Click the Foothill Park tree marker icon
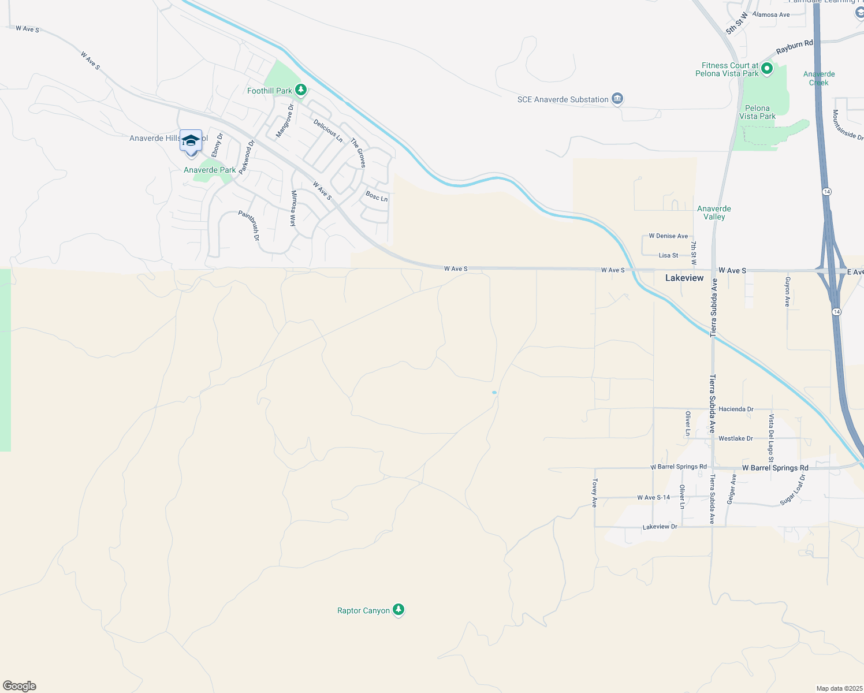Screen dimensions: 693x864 pyautogui.click(x=300, y=90)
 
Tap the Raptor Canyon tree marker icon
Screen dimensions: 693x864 pyautogui.click(x=398, y=610)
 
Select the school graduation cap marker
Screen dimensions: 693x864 pyautogui.click(x=191, y=141)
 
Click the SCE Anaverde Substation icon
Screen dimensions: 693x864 pyautogui.click(x=617, y=99)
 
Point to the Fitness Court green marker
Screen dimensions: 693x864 pyautogui.click(x=767, y=69)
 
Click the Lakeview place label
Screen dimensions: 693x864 pyautogui.click(x=684, y=278)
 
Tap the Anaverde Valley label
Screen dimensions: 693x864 pyautogui.click(x=714, y=213)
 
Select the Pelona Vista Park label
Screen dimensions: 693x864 pyautogui.click(x=757, y=112)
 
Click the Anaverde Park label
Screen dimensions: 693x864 pyautogui.click(x=210, y=170)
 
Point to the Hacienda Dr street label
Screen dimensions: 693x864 pyautogui.click(x=736, y=409)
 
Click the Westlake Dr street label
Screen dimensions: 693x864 pyautogui.click(x=735, y=438)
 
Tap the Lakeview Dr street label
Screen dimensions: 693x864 pyautogui.click(x=660, y=527)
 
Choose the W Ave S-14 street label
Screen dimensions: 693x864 pyautogui.click(x=653, y=497)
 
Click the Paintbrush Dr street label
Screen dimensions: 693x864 pyautogui.click(x=249, y=225)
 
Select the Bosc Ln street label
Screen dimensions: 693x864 pyautogui.click(x=377, y=196)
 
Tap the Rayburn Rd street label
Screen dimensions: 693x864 pyautogui.click(x=794, y=47)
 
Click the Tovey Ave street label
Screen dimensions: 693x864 pyautogui.click(x=594, y=493)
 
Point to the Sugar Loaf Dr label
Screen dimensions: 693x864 pyautogui.click(x=792, y=490)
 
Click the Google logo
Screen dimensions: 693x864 pyautogui.click(x=20, y=686)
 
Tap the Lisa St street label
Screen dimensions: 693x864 pyautogui.click(x=668, y=255)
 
